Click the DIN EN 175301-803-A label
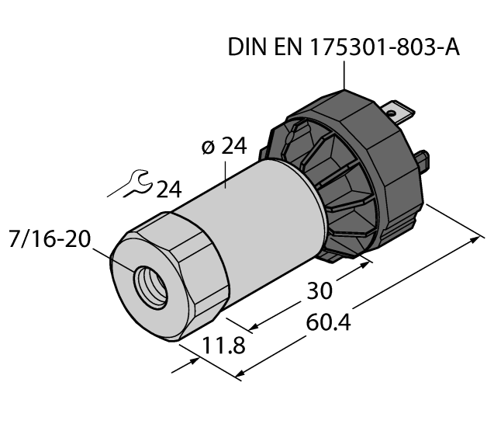tap(344, 47)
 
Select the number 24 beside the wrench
tap(172, 189)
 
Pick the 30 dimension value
tap(319, 290)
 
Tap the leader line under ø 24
tap(226, 176)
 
